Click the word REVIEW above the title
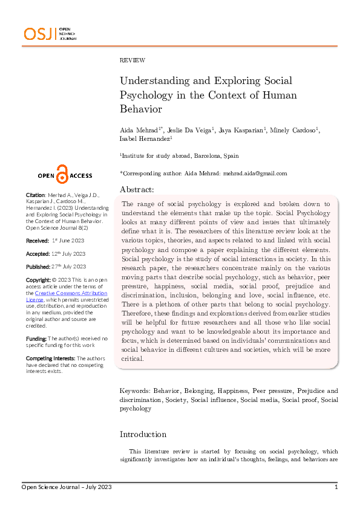point(133,60)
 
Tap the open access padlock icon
point(62,173)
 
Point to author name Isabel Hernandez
point(146,140)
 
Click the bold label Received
point(37,240)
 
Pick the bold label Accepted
point(38,253)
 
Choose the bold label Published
point(38,267)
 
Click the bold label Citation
point(35,195)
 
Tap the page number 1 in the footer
point(336,487)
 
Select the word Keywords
point(135,391)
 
